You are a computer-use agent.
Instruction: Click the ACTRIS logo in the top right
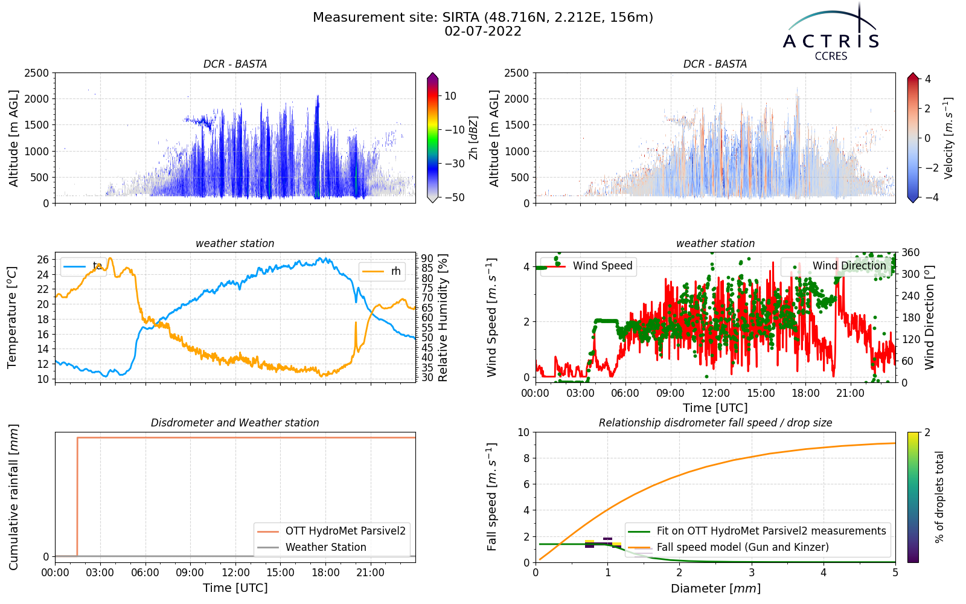pyautogui.click(x=831, y=33)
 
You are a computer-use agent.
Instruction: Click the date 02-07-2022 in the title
pyautogui.click(x=483, y=31)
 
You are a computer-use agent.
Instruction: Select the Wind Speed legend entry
pyautogui.click(x=588, y=266)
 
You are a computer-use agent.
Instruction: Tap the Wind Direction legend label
pyautogui.click(x=849, y=266)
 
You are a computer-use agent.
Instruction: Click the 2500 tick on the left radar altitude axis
pyautogui.click(x=36, y=73)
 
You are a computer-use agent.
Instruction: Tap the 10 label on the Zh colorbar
pyautogui.click(x=450, y=96)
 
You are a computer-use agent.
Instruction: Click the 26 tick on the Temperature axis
pyautogui.click(x=43, y=260)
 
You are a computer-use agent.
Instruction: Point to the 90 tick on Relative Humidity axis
pyautogui.click(x=427, y=259)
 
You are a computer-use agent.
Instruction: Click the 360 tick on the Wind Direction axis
pyautogui.click(x=910, y=252)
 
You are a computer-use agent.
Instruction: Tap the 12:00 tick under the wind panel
pyautogui.click(x=715, y=393)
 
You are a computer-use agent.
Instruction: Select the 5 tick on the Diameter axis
pyautogui.click(x=895, y=572)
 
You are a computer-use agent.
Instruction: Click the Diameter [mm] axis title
pyautogui.click(x=715, y=588)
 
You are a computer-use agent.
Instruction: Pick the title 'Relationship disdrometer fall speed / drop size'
pyautogui.click(x=715, y=423)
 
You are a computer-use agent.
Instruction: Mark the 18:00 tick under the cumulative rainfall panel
pyautogui.click(x=325, y=573)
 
